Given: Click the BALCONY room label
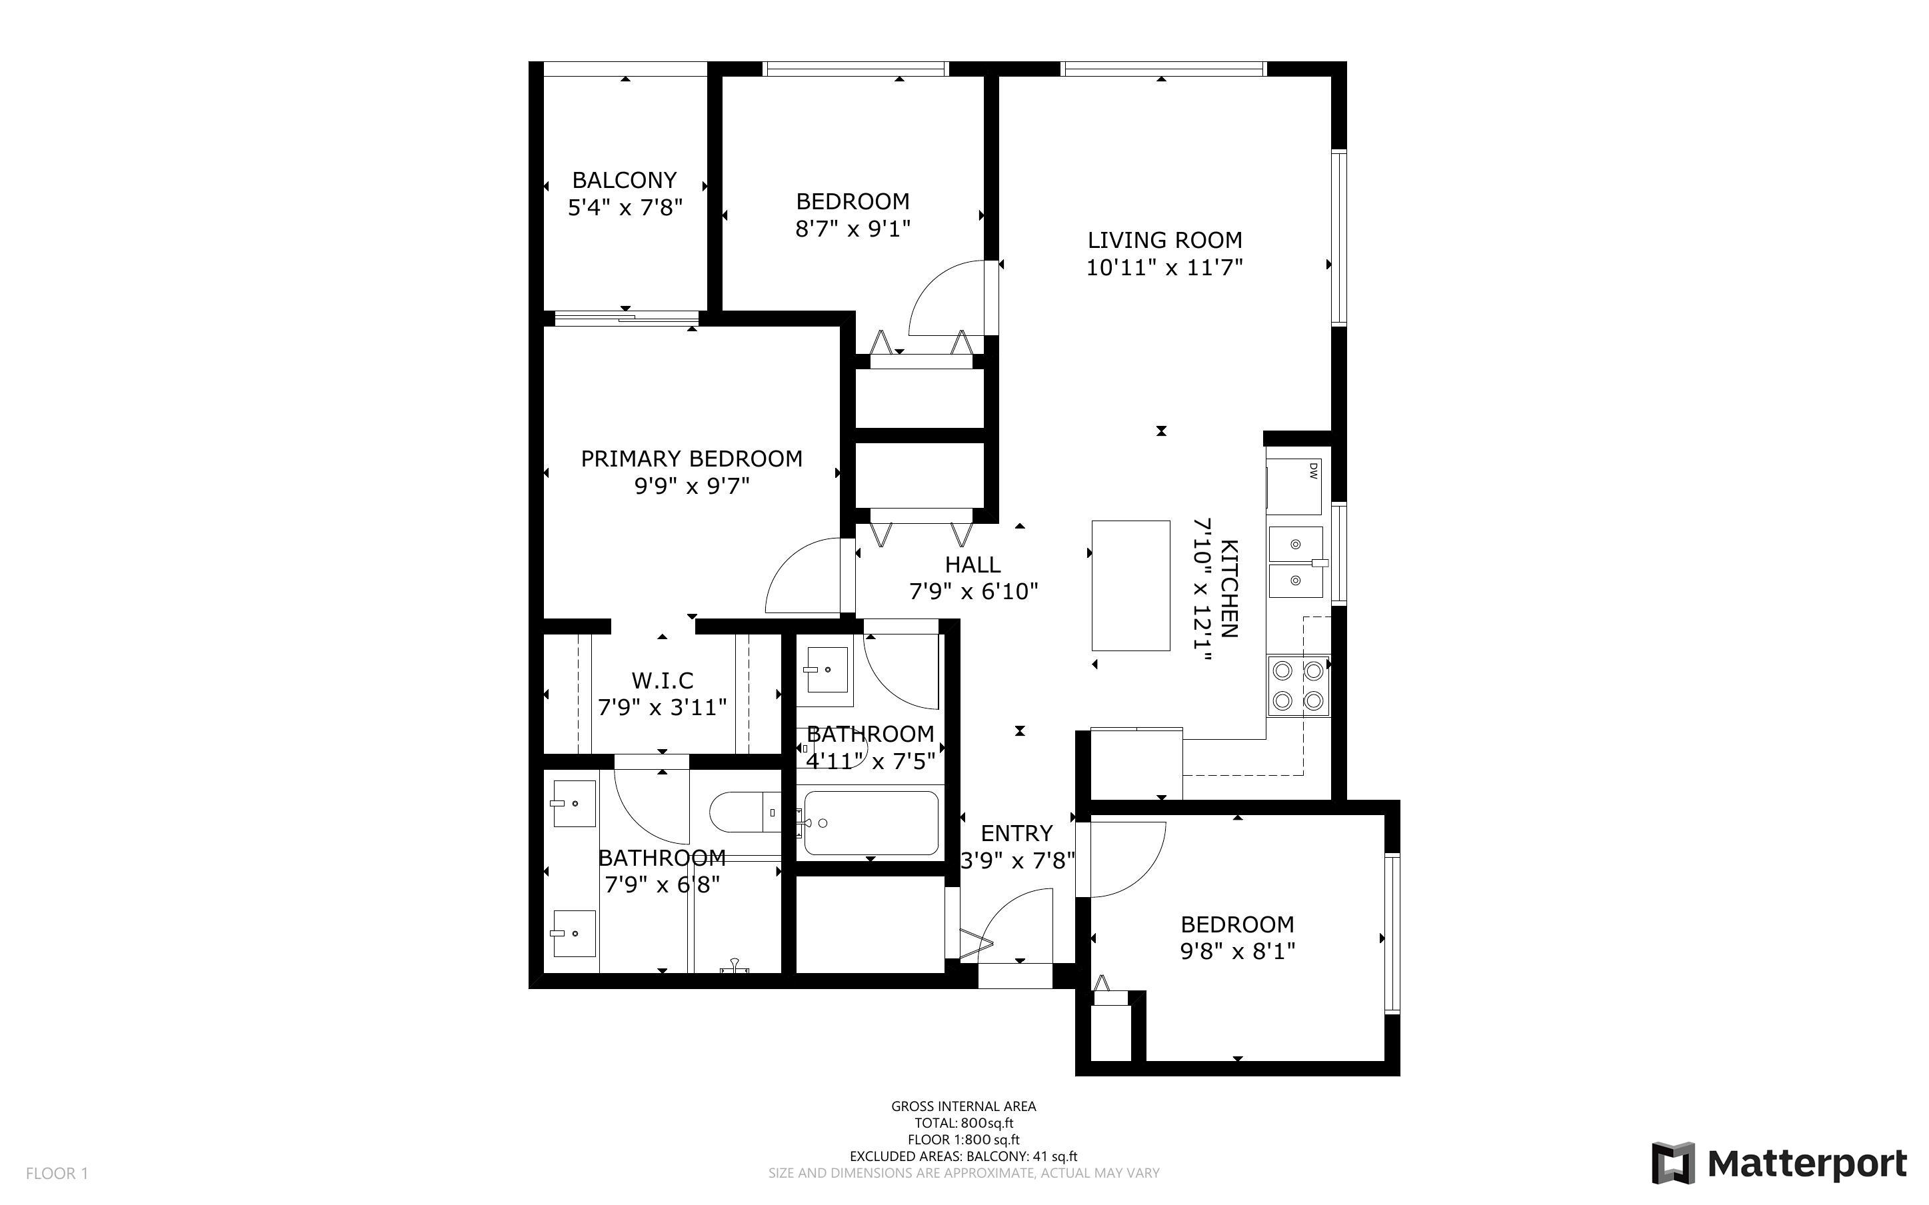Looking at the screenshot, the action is pos(625,180).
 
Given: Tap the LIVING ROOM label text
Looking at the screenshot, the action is pos(1165,240).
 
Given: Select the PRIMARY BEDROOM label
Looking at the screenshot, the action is pos(692,459).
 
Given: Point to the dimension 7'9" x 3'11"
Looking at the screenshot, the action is pos(663,707).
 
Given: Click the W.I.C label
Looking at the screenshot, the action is pos(663,680).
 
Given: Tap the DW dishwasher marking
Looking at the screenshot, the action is pos(1313,472).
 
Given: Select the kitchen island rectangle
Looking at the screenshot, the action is pos(1130,586).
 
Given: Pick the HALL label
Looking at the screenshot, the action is pos(973,565).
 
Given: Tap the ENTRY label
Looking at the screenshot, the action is pos(1016,834).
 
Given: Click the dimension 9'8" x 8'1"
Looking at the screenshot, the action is pos(1237,951).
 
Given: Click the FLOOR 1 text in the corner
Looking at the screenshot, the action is pos(57,1173).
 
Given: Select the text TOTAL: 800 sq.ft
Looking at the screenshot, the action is pos(963,1124).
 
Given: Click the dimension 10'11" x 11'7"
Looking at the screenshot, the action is pos(1165,267).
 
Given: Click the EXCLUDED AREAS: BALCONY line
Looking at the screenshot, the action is pos(963,1156).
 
